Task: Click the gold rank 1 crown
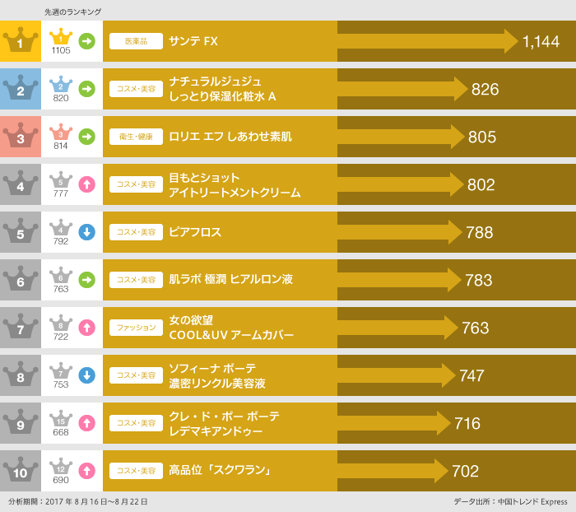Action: (x=21, y=41)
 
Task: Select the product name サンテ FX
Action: (x=193, y=41)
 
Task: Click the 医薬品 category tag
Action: (x=136, y=41)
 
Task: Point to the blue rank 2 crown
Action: (x=21, y=89)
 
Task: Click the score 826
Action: (x=485, y=89)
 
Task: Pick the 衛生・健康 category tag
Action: (x=136, y=137)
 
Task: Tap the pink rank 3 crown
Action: (x=21, y=137)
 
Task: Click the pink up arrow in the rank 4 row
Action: (x=86, y=184)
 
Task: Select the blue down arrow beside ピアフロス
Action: (x=86, y=232)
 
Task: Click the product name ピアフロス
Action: (x=195, y=232)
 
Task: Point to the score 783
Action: (x=479, y=280)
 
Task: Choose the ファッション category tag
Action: (x=136, y=328)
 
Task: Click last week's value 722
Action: (x=61, y=337)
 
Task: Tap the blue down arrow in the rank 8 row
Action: (x=86, y=375)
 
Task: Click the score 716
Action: (x=467, y=423)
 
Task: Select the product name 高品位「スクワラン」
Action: (x=220, y=471)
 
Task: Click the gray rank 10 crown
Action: (x=21, y=471)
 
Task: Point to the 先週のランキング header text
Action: (x=73, y=12)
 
